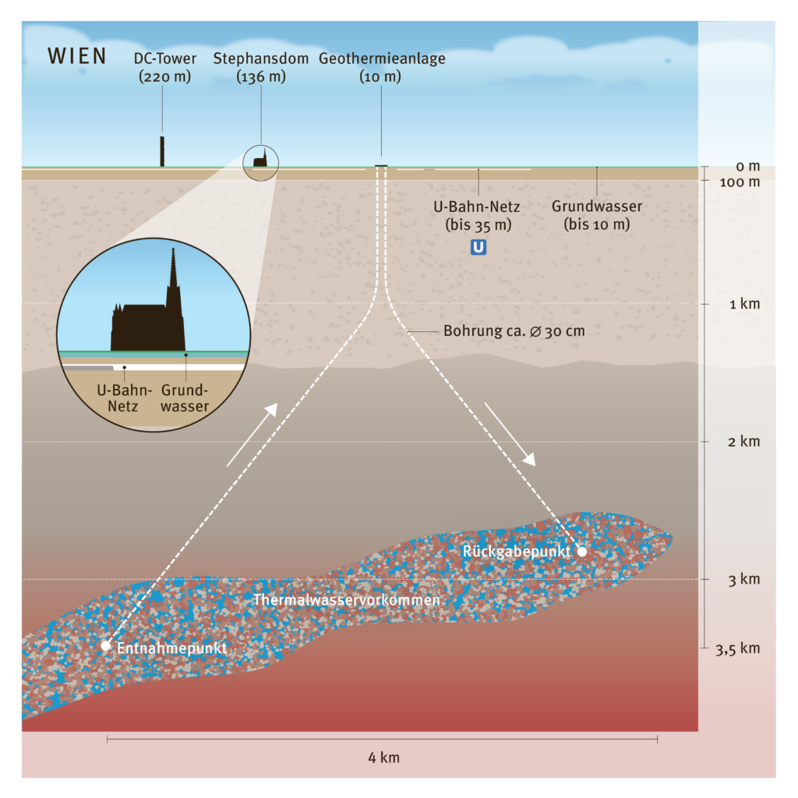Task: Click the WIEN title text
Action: (77, 57)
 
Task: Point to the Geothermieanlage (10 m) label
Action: (381, 68)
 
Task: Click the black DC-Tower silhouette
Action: (162, 151)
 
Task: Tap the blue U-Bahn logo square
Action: (478, 249)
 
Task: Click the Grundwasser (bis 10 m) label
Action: (597, 216)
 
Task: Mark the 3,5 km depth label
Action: (738, 648)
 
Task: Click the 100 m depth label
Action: (742, 182)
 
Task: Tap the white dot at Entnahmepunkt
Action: (106, 645)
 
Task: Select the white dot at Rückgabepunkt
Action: (581, 551)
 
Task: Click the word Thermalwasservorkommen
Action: (347, 601)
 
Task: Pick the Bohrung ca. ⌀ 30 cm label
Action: (514, 331)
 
